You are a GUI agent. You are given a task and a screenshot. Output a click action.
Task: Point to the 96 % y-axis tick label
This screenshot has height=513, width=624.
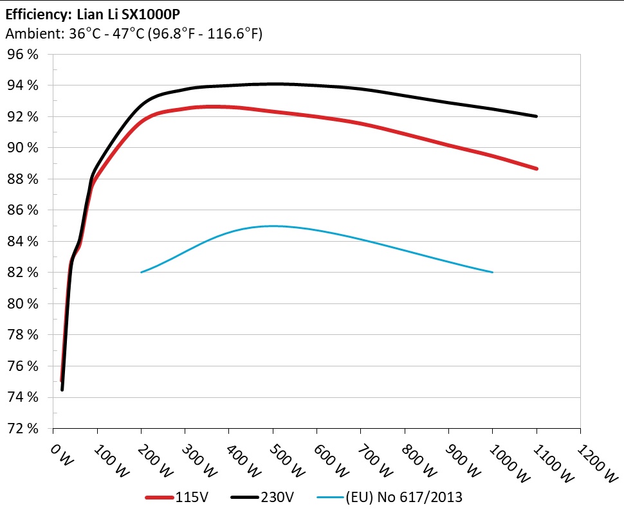[23, 55]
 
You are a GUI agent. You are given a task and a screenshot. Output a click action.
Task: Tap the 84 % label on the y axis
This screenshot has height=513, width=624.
[23, 242]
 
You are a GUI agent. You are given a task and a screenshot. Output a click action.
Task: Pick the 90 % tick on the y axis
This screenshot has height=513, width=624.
[23, 148]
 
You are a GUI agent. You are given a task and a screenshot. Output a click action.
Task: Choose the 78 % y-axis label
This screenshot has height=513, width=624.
[23, 335]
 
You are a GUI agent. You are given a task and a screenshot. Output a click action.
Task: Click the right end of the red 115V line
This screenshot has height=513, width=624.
[536, 168]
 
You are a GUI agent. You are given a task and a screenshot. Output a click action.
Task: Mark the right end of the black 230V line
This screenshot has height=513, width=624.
[536, 116]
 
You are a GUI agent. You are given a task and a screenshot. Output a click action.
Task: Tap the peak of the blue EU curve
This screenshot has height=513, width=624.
[273, 226]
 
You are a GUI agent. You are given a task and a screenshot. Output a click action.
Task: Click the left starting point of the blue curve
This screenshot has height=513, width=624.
[142, 272]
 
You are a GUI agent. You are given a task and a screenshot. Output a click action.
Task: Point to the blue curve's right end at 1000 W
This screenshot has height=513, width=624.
[492, 272]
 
